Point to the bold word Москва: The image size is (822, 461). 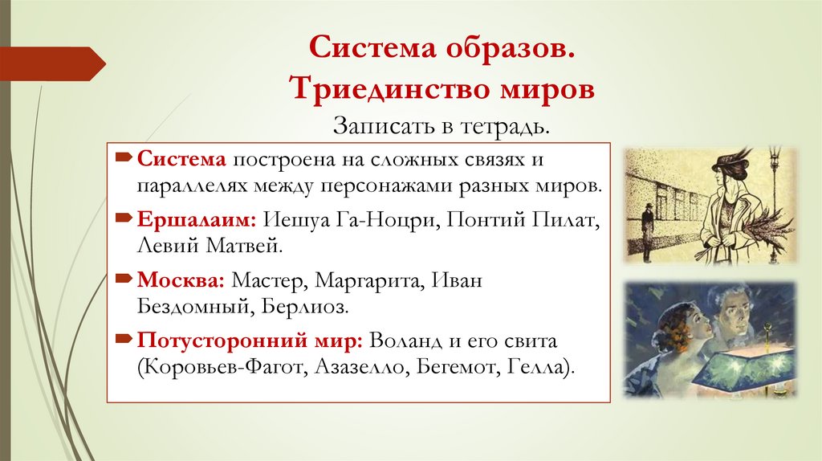pos(181,282)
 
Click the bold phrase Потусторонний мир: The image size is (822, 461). pos(251,341)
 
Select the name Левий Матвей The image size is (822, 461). pos(210,244)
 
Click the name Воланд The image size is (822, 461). pos(409,341)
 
